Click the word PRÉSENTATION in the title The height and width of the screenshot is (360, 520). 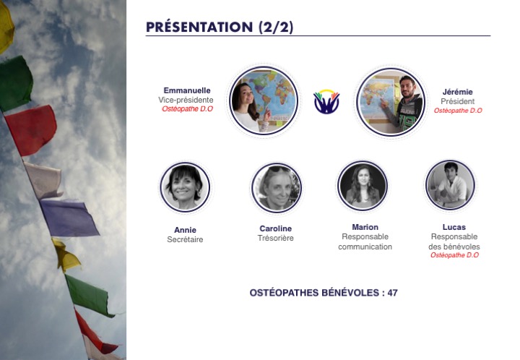coord(199,27)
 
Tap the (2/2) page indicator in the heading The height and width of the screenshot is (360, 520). coord(276,27)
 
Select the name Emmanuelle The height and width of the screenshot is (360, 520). coord(187,90)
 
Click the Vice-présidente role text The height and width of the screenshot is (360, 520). coord(186,100)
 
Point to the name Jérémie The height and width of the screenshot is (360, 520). coord(458,92)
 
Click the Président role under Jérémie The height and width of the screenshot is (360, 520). coord(458,101)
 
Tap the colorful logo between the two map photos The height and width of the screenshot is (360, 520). coord(326,101)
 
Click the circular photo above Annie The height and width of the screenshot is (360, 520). coord(185,187)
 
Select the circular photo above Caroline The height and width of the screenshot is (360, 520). coord(277,188)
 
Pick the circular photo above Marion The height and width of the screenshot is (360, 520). coord(363,186)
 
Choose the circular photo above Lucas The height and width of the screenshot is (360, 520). coord(451,185)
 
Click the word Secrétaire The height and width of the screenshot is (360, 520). coord(185,239)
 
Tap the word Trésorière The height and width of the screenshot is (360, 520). coord(276,239)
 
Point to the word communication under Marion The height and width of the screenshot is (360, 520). coord(365,247)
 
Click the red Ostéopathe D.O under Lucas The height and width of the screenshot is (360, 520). coord(455,255)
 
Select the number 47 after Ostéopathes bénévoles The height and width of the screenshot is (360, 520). coord(393,293)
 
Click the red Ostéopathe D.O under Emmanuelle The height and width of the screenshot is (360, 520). coord(187,109)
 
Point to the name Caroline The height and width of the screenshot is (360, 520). coord(276,228)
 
